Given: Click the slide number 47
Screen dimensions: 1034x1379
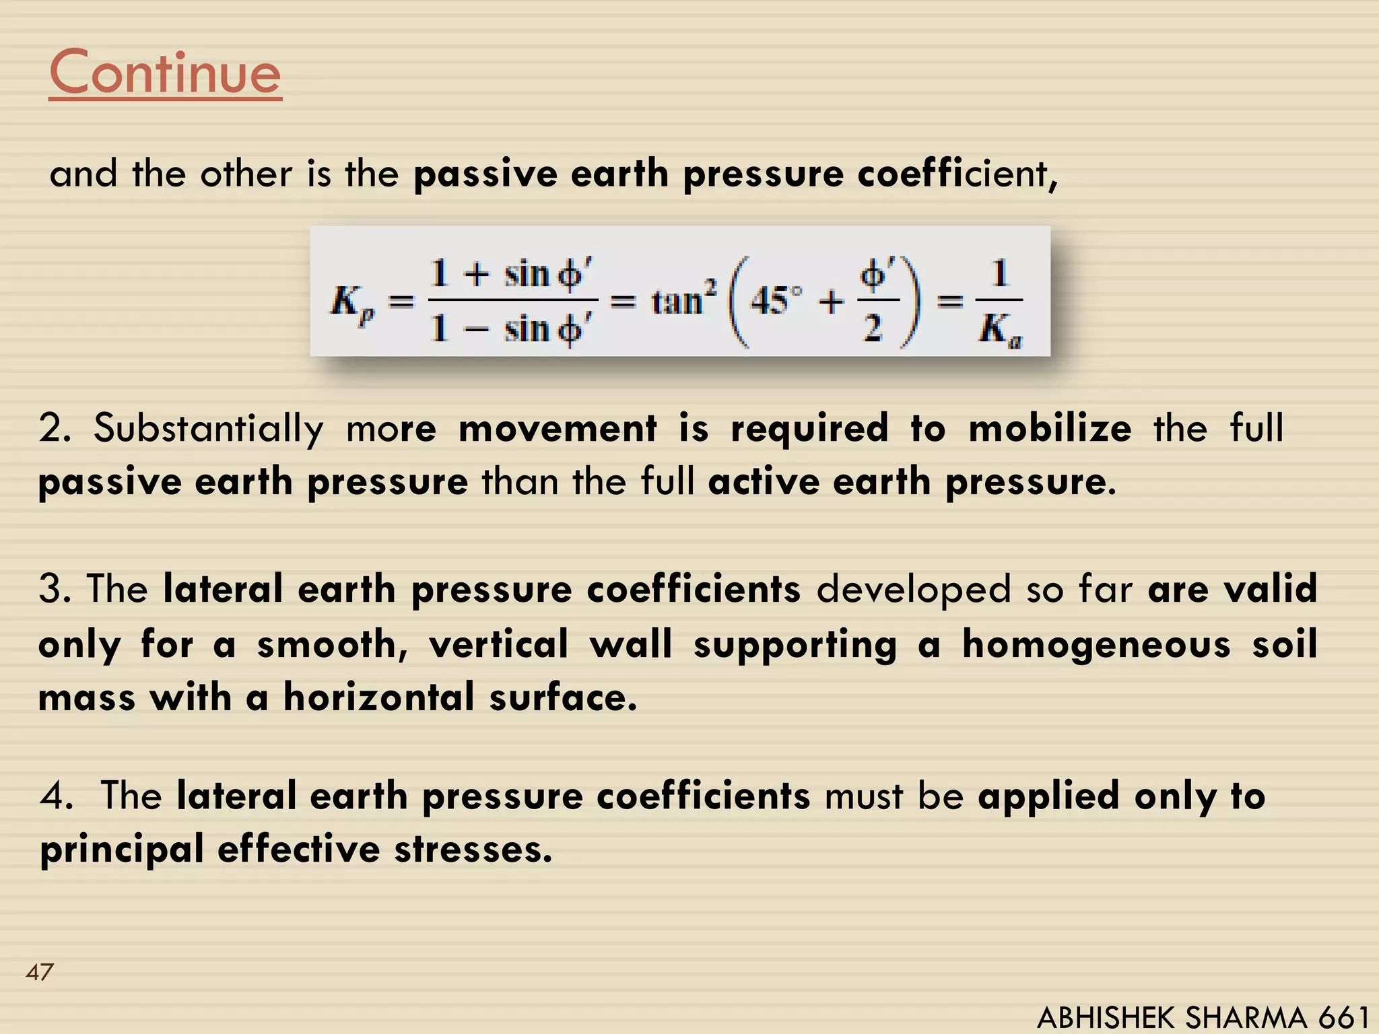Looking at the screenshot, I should (39, 972).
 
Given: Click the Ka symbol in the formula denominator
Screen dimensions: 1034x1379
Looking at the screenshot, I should (999, 331).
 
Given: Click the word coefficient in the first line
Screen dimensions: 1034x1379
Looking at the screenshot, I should (953, 174).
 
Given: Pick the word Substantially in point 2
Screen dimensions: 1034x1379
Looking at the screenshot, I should (208, 429).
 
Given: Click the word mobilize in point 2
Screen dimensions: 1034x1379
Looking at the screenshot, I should (1050, 429).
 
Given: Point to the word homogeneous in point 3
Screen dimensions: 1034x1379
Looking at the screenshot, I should (1096, 645).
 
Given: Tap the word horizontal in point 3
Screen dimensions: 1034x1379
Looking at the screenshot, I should (378, 697).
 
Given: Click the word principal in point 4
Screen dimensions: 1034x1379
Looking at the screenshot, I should (121, 850).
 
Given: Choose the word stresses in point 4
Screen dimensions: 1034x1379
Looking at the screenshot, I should (473, 850).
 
